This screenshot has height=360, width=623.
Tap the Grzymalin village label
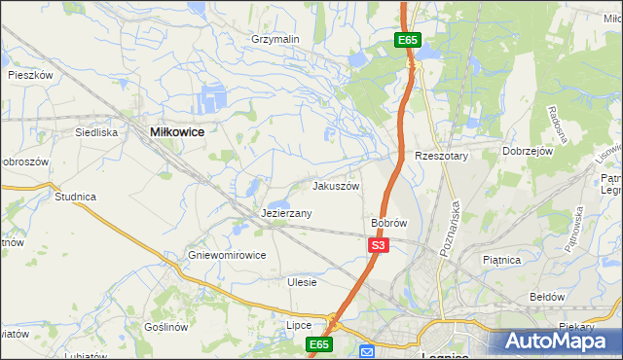pos(275,39)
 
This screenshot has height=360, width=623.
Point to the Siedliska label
pos(97,131)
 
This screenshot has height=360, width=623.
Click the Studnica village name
pos(75,197)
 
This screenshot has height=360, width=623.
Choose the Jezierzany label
pos(286,213)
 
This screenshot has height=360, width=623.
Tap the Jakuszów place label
pos(336,186)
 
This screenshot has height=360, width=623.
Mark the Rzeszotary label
pos(442,156)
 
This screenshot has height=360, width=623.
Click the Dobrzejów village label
pos(528,152)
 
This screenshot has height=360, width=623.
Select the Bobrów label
pos(388,223)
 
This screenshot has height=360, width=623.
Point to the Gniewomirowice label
pos(227,256)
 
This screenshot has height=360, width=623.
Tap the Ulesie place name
pos(303,282)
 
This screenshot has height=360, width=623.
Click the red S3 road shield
pos(379,246)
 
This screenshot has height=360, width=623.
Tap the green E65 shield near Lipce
pos(320,344)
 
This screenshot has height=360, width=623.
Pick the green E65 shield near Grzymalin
pos(408,40)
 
